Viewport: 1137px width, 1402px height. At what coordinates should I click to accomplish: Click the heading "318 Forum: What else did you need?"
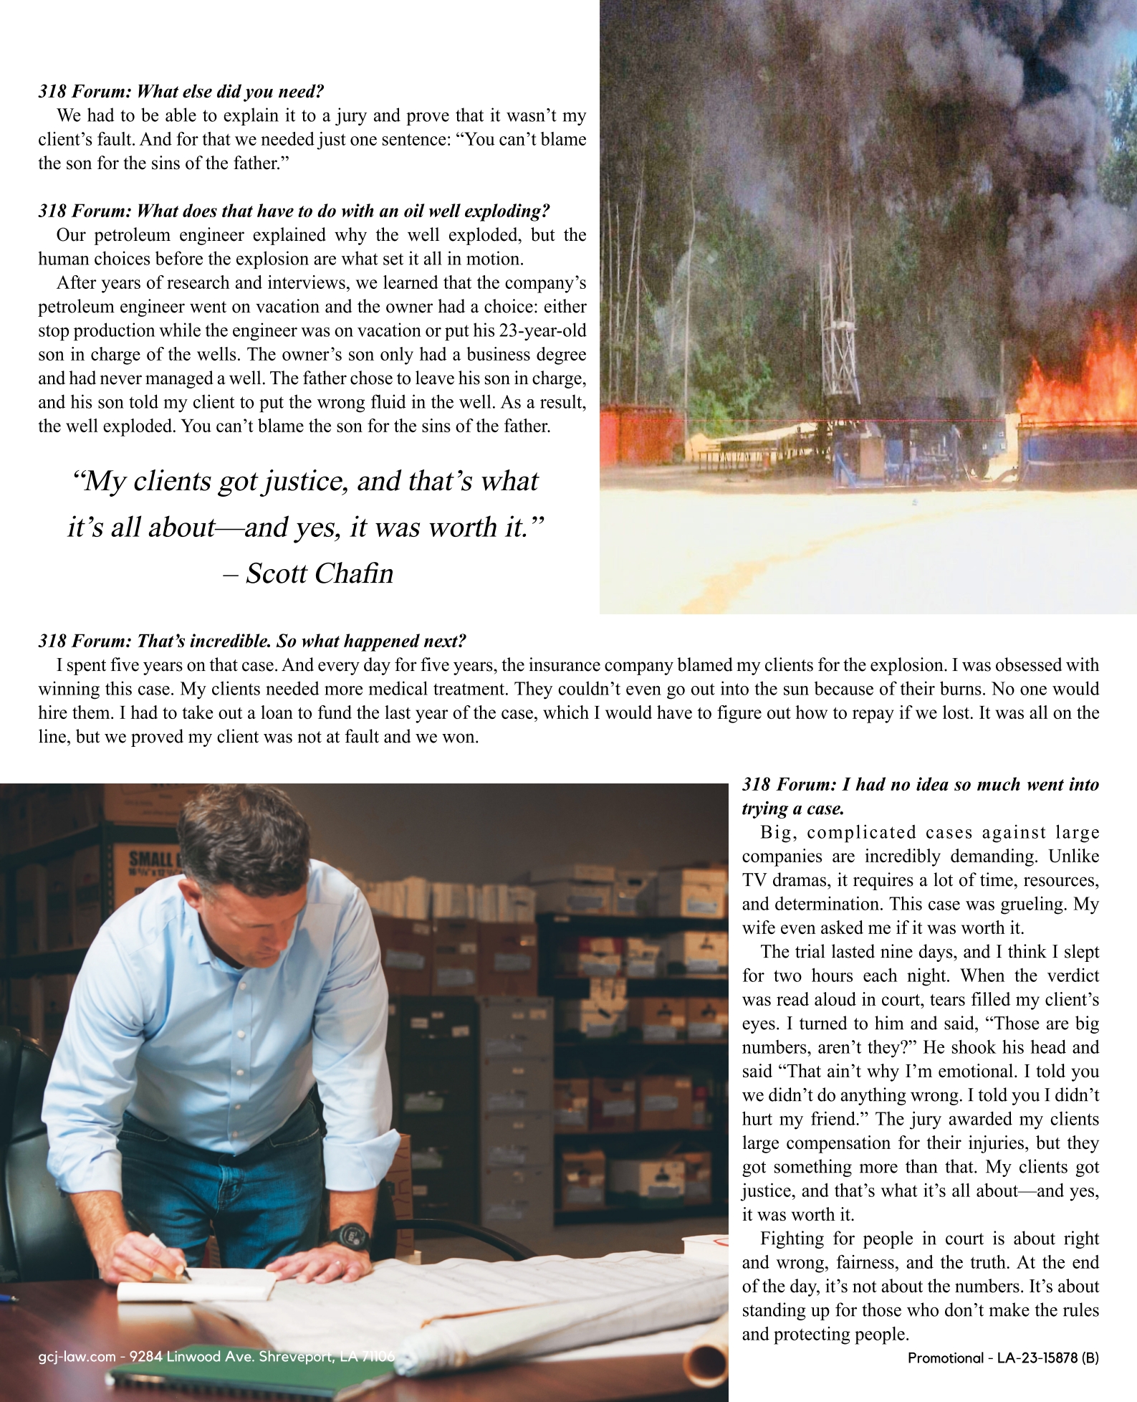[181, 92]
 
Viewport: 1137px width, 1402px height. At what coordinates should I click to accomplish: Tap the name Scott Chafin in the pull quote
[320, 573]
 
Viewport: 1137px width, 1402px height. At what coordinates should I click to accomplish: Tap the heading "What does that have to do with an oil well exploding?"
[294, 211]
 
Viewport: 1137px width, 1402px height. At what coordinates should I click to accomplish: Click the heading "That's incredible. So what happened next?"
[252, 641]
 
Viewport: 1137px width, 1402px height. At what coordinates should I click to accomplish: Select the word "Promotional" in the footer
[946, 1358]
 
